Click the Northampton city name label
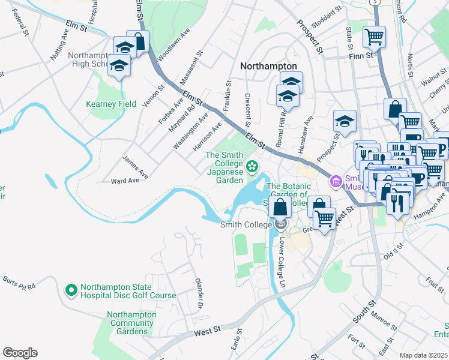tap(268, 66)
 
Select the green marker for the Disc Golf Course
tap(71, 290)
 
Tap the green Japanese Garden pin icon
tap(253, 166)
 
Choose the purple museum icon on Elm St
tap(335, 181)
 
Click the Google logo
tap(20, 353)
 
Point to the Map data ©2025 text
tap(423, 355)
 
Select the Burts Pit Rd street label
tap(19, 283)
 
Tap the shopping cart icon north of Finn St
tap(375, 37)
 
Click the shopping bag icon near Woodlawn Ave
tap(139, 43)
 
